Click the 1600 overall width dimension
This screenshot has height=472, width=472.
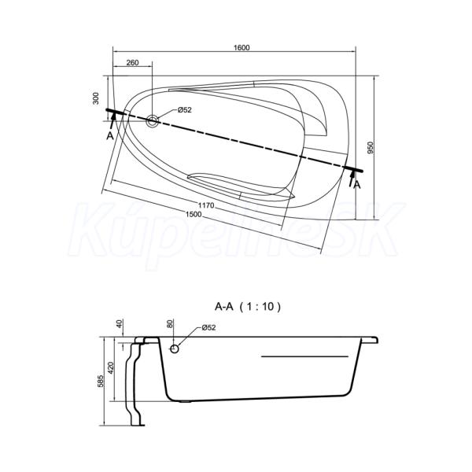(x=242, y=47)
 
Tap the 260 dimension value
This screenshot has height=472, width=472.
(x=132, y=63)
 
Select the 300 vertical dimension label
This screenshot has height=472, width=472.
(x=96, y=98)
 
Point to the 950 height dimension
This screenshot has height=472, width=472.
(x=371, y=148)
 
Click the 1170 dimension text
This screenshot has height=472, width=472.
(x=206, y=205)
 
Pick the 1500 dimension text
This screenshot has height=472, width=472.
(x=194, y=214)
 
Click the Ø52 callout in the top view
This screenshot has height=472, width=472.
(x=184, y=110)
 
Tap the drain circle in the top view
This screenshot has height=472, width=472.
(x=153, y=121)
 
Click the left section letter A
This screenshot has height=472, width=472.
(x=110, y=136)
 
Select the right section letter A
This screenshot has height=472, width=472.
(x=357, y=185)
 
